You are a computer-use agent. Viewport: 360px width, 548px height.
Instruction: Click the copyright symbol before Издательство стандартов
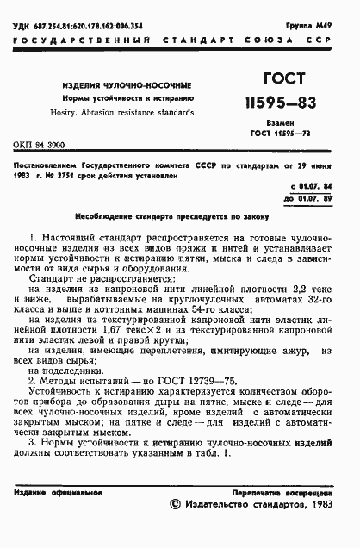[177, 508]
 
